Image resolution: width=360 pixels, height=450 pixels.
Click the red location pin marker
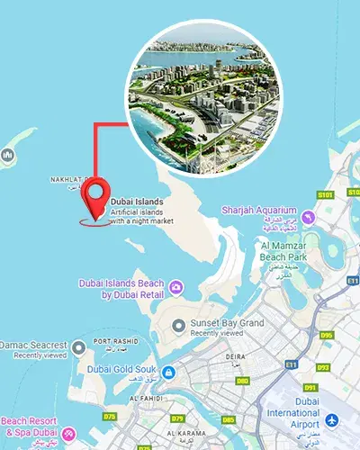94,197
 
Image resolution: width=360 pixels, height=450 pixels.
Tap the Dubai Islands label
136,202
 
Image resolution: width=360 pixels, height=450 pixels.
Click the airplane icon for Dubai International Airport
332,420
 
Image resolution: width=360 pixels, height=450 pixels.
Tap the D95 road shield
326,336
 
